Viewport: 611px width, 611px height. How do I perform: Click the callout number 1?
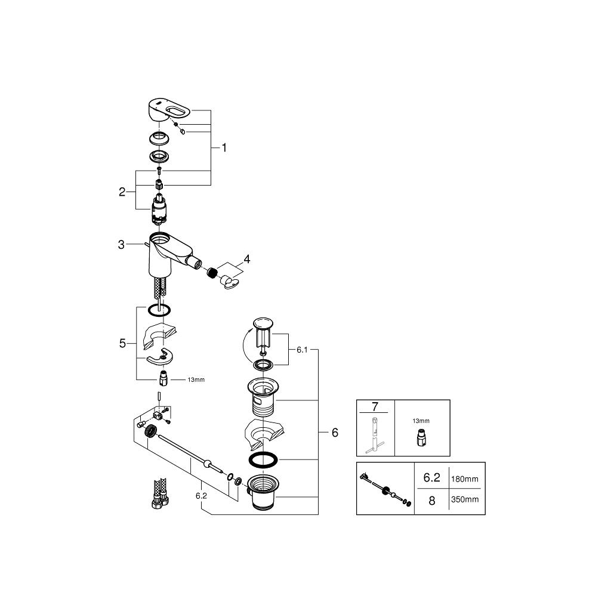224,148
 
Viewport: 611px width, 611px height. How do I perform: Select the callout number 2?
122,192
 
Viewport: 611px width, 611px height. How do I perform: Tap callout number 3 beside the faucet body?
121,245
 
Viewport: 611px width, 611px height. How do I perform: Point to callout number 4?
246,259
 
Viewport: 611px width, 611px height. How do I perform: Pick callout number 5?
122,343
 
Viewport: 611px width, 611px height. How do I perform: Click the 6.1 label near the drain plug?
302,350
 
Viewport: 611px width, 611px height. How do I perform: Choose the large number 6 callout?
335,433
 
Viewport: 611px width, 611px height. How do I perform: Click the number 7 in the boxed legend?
375,406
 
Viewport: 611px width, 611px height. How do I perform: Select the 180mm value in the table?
464,479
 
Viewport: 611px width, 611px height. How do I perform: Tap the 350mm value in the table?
465,499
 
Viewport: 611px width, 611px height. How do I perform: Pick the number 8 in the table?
432,501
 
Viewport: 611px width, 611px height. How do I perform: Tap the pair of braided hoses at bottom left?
160,493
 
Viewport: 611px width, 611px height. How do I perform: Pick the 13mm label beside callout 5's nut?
196,379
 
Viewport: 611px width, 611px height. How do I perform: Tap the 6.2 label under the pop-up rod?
201,496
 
